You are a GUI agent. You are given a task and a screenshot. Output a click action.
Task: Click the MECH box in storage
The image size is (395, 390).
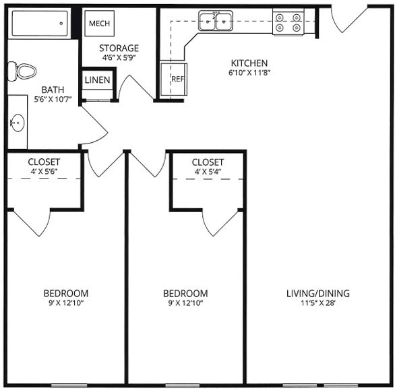[x=99, y=23]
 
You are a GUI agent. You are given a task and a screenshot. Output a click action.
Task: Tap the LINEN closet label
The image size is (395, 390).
[x=98, y=80]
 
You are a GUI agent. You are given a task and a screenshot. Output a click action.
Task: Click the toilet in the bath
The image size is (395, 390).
[x=22, y=69]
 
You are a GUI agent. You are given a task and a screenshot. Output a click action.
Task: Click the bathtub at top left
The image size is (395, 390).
[x=41, y=24]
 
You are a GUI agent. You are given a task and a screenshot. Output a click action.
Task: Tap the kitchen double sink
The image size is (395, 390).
[x=216, y=22]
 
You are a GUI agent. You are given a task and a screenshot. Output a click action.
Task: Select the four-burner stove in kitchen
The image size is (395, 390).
[x=288, y=22]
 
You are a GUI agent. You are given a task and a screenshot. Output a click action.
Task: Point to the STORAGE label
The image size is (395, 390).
[x=119, y=48]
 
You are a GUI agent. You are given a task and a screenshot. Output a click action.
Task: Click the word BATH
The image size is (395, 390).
[x=53, y=90]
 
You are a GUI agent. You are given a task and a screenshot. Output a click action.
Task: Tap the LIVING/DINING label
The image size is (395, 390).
[x=318, y=294]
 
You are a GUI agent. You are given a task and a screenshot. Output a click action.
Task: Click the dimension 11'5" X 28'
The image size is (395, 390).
[x=318, y=304]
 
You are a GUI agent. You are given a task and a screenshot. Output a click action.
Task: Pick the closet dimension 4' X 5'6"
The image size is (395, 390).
[x=44, y=172]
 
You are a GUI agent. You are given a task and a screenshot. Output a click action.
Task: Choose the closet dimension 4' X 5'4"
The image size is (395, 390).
[x=208, y=172]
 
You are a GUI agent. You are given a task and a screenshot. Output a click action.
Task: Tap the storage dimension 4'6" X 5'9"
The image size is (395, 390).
[x=119, y=58]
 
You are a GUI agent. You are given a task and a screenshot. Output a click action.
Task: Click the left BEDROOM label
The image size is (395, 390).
[x=66, y=294]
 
